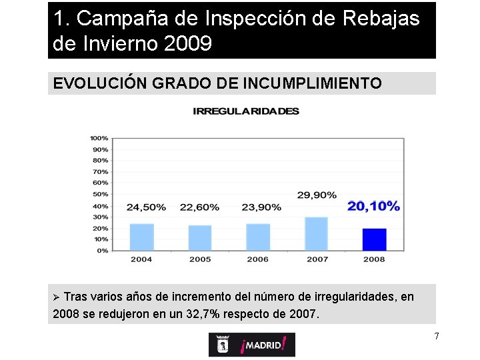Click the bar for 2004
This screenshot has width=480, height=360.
pyautogui.click(x=141, y=237)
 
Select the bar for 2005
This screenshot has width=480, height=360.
pyautogui.click(x=200, y=238)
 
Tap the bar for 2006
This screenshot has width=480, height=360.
pyautogui.click(x=258, y=237)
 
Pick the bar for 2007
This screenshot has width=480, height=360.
pyautogui.click(x=317, y=234)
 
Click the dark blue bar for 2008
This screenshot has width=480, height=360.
pyautogui.click(x=374, y=239)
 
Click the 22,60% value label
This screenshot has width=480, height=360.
pyautogui.click(x=199, y=207)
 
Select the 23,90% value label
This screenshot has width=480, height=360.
pyautogui.click(x=261, y=207)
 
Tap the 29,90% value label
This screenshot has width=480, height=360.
pyautogui.click(x=317, y=195)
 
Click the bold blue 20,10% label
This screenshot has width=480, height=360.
pyautogui.click(x=373, y=207)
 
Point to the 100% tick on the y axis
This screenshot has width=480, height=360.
pyautogui.click(x=99, y=138)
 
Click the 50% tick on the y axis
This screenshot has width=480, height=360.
pyautogui.click(x=100, y=194)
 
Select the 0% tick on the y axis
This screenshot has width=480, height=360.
pyautogui.click(x=102, y=251)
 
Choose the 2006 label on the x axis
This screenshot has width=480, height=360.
pyautogui.click(x=258, y=259)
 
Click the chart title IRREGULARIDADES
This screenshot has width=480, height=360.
pyautogui.click(x=246, y=111)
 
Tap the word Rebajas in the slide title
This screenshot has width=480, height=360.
pyautogui.click(x=381, y=19)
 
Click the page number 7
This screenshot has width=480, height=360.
pyautogui.click(x=437, y=336)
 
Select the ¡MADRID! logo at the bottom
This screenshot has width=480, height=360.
pyautogui.click(x=252, y=345)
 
